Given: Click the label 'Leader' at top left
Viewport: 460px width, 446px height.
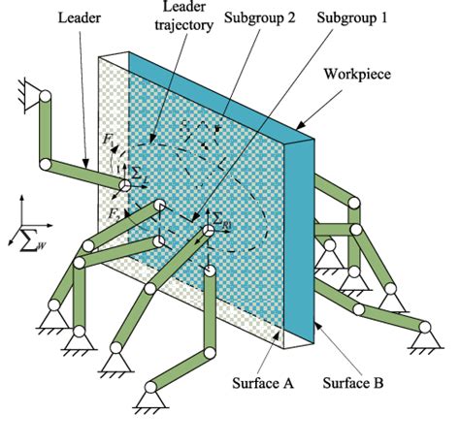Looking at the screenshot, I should click(x=79, y=16).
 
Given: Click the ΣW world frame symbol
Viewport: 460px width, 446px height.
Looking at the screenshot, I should click(x=33, y=239).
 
